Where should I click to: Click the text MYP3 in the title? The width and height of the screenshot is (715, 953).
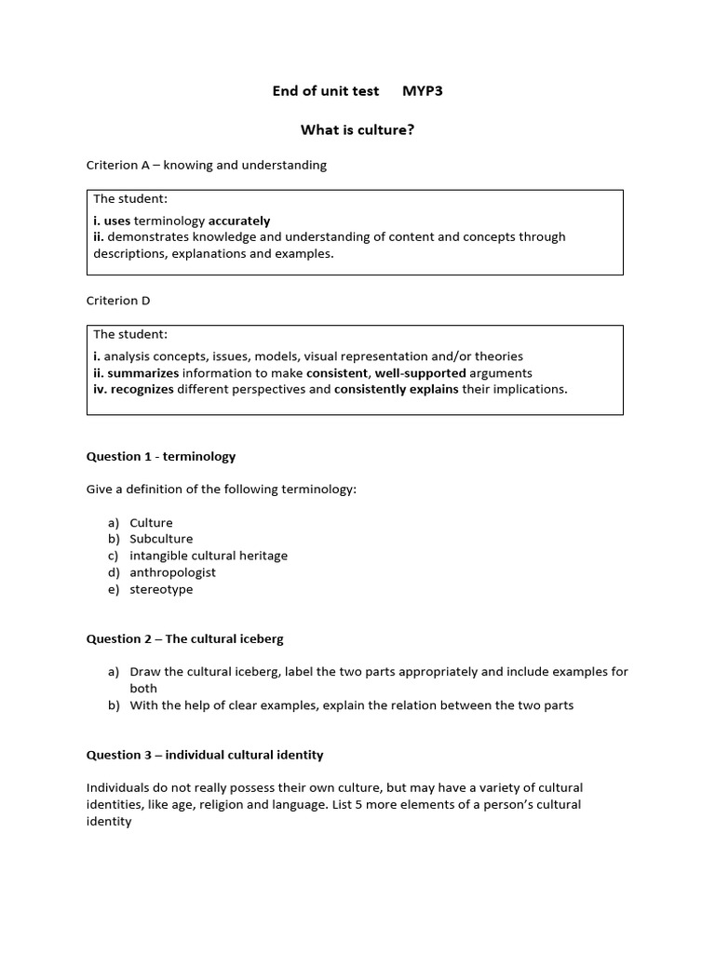(423, 90)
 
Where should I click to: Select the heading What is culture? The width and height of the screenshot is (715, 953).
(357, 129)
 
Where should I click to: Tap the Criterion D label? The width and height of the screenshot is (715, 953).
(118, 301)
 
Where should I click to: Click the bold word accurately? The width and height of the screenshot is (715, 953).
(239, 221)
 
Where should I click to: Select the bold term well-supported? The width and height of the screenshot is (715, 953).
(420, 372)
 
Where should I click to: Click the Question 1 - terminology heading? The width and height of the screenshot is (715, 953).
(161, 456)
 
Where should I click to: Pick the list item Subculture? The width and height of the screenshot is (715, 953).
(161, 539)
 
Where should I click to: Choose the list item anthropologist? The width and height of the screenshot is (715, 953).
(172, 572)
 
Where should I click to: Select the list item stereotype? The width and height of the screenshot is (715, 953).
(161, 589)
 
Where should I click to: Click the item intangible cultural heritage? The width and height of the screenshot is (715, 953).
(209, 556)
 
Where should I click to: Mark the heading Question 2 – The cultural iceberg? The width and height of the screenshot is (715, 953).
(185, 638)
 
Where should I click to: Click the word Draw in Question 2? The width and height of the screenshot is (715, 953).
(145, 672)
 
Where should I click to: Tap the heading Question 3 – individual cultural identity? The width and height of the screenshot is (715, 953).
(205, 754)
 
